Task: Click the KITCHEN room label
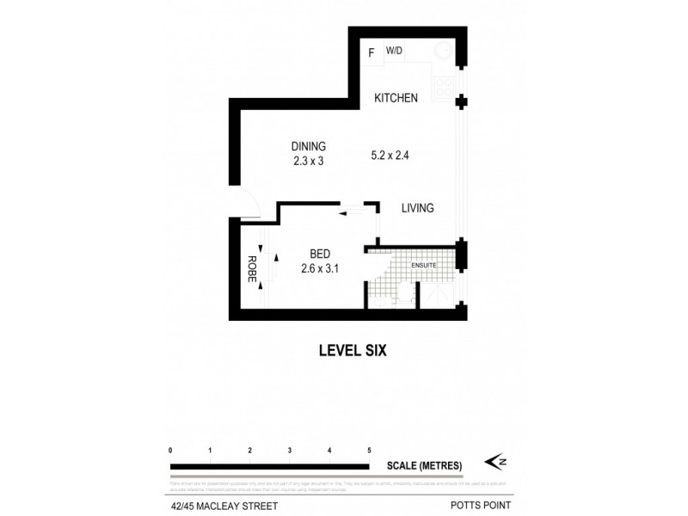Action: tap(396, 98)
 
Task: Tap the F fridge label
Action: tap(372, 53)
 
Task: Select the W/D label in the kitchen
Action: tap(394, 52)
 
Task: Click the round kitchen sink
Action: tap(446, 51)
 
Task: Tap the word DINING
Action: tap(308, 146)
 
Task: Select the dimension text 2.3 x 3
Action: tap(308, 160)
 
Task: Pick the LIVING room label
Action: tap(417, 208)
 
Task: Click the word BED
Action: tap(321, 254)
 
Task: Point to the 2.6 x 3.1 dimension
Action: tap(321, 268)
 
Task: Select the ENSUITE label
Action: tap(425, 265)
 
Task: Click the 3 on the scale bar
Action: tap(290, 451)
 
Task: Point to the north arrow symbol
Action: tap(498, 462)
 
